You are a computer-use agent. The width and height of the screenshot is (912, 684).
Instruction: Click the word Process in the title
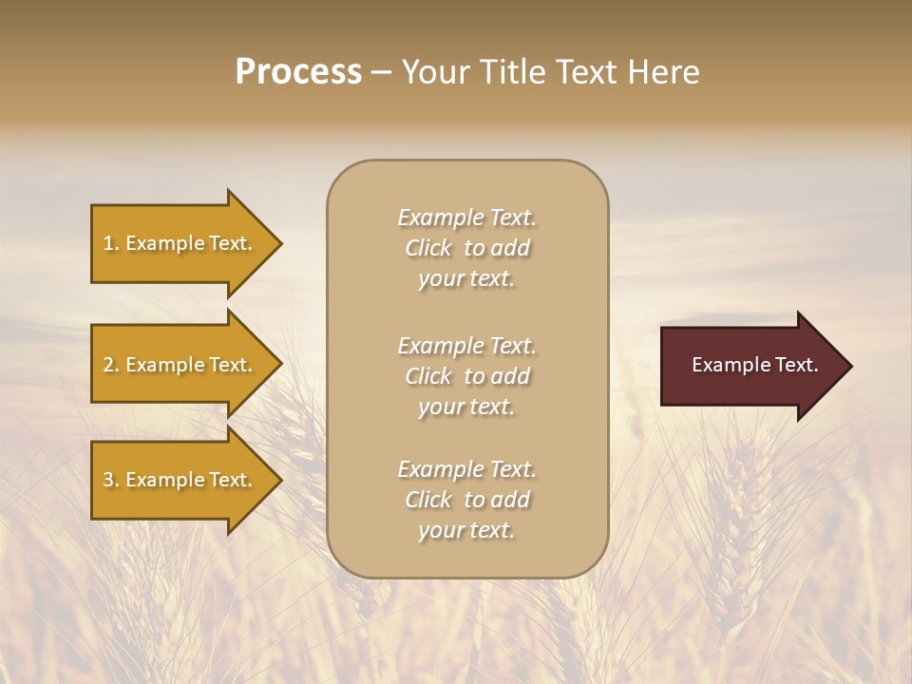tap(298, 72)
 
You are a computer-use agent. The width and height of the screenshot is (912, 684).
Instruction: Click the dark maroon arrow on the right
tap(750, 365)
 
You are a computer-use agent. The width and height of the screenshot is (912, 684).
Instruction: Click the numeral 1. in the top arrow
tap(110, 243)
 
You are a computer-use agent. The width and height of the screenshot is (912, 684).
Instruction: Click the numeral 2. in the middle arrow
tap(110, 365)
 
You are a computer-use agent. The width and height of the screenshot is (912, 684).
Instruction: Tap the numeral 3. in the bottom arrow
tap(110, 480)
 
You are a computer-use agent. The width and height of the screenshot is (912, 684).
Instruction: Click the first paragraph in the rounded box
tap(466, 248)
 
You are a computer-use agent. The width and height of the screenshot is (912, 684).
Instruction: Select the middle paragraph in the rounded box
tap(466, 375)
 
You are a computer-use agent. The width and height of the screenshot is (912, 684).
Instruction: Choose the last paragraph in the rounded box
tap(466, 500)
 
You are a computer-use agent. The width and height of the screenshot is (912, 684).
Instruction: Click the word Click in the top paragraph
tap(428, 248)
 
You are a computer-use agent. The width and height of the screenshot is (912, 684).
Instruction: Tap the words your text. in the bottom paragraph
tap(466, 531)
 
